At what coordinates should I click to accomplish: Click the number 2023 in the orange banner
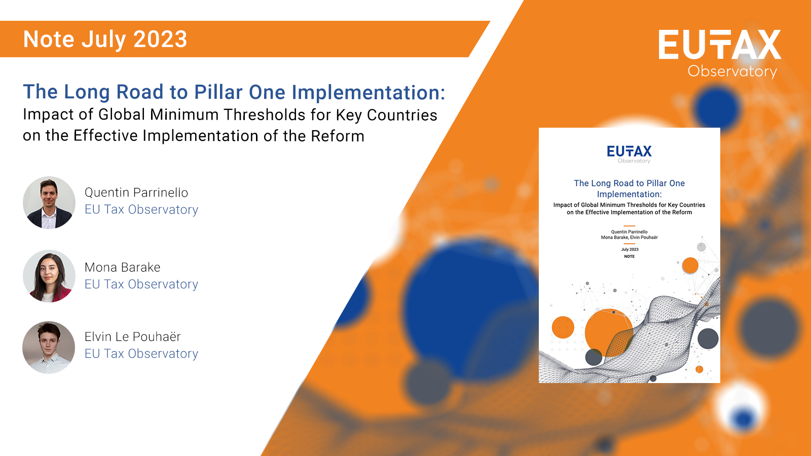[x=160, y=40]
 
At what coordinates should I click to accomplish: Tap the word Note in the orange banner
[x=49, y=40]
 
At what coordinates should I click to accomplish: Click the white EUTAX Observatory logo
[x=720, y=53]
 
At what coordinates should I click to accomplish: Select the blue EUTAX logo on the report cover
[x=629, y=152]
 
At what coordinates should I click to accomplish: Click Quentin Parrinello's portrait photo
[x=49, y=203]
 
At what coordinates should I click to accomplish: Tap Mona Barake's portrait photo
[x=49, y=276]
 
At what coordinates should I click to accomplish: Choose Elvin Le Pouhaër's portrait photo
[x=49, y=348]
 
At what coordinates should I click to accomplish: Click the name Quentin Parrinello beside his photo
[x=136, y=193]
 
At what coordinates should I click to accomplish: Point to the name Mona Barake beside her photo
[x=123, y=267]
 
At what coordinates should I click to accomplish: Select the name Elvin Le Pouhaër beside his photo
[x=133, y=336]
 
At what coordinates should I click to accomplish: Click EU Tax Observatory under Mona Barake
[x=141, y=284]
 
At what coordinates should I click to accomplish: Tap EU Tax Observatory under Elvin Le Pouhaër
[x=141, y=354]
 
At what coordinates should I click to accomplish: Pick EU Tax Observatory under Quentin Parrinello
[x=141, y=210]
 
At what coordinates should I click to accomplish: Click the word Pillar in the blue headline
[x=218, y=92]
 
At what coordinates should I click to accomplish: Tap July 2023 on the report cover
[x=630, y=249]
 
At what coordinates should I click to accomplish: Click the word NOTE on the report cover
[x=630, y=256]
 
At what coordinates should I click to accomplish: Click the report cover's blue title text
[x=629, y=188]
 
